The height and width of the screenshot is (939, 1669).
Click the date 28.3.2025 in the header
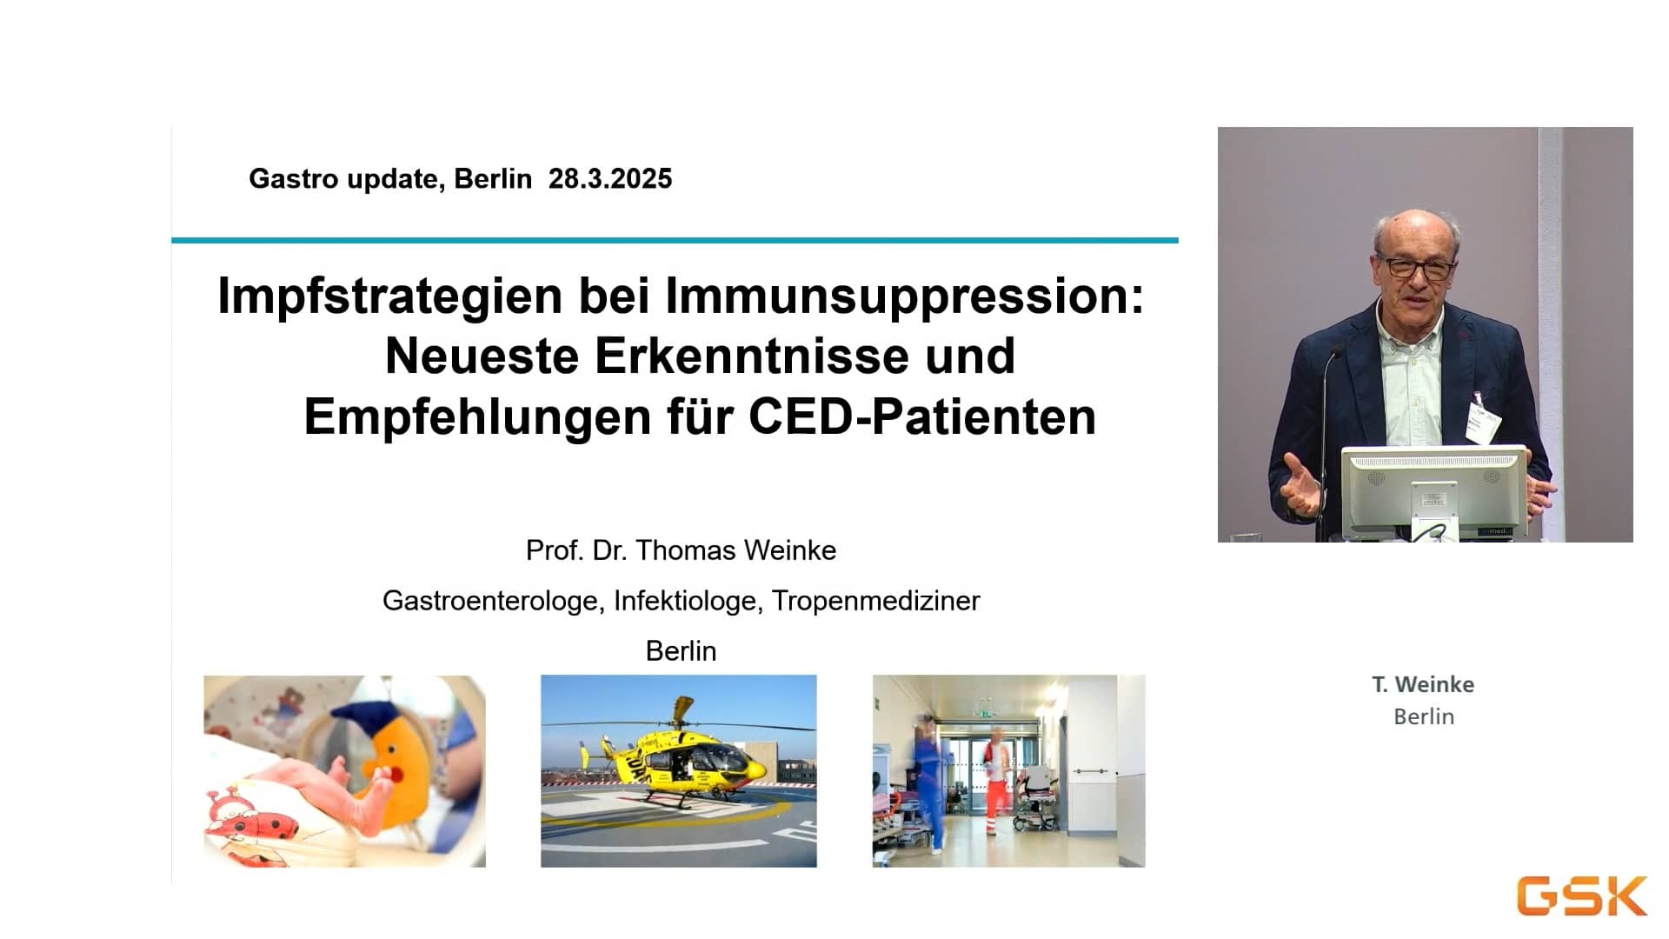[x=610, y=179]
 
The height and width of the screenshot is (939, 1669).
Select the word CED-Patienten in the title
[x=922, y=417]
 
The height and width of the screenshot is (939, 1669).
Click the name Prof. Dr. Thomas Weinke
[x=681, y=550]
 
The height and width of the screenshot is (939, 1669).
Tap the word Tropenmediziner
[x=875, y=602]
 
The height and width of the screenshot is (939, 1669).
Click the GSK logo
[x=1582, y=896]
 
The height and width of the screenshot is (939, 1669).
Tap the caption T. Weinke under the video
[x=1423, y=685]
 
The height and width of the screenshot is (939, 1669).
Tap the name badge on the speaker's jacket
[x=1482, y=419]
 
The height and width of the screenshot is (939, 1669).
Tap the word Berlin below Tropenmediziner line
[x=681, y=651]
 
